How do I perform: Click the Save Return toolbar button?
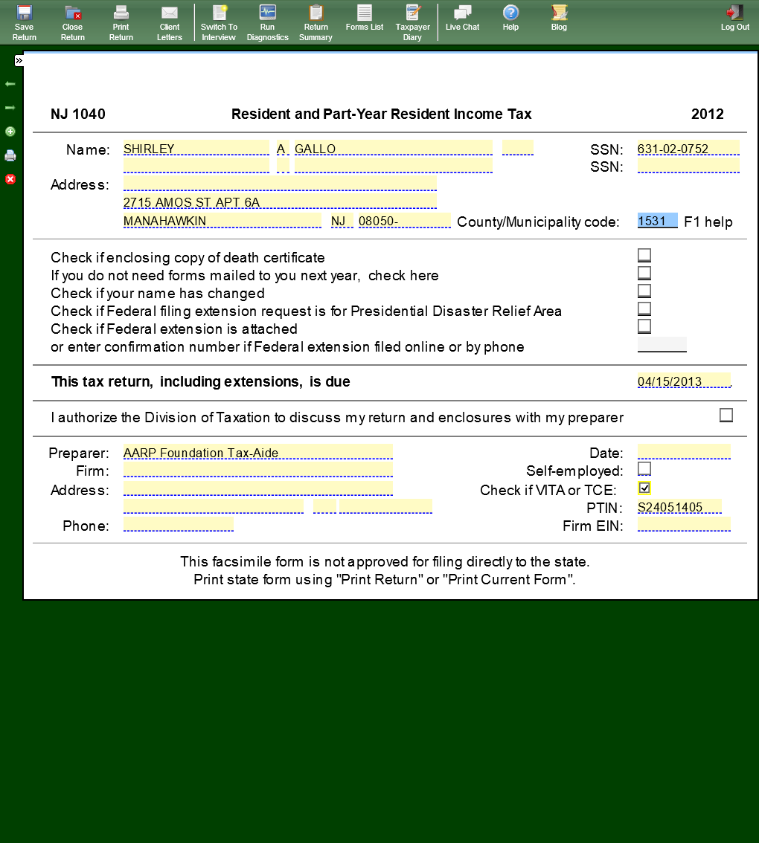(x=24, y=22)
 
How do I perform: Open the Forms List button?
(x=364, y=19)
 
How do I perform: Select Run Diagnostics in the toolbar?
(x=267, y=22)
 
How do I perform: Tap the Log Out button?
(x=734, y=19)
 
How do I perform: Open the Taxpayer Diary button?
(x=412, y=22)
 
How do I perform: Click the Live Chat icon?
(x=462, y=19)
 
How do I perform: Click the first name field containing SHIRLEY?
(x=196, y=149)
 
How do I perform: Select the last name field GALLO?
(x=393, y=149)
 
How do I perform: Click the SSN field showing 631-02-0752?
(x=688, y=149)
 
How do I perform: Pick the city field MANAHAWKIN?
(x=222, y=221)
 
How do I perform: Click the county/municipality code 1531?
(x=657, y=221)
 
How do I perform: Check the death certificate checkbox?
(x=644, y=256)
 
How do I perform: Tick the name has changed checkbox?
(x=644, y=291)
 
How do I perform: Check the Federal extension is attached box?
(x=644, y=326)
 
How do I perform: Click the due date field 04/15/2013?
(x=683, y=381)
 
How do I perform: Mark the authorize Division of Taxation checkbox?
(x=726, y=416)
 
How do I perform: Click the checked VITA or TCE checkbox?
(x=644, y=488)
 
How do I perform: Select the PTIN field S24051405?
(x=679, y=507)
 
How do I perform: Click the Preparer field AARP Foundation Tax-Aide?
(x=257, y=453)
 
